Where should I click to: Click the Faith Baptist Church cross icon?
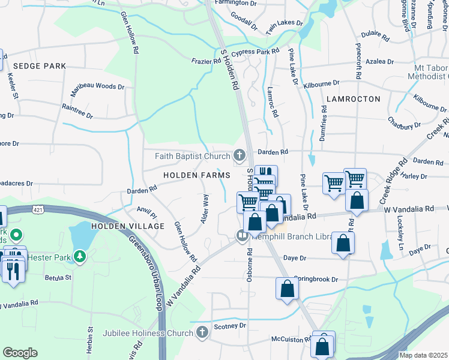coord(240,157)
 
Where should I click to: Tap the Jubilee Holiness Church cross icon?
coord(202,332)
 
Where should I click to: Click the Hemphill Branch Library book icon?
coord(243,235)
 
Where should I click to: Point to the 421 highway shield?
coord(38,210)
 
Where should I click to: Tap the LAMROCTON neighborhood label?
coord(354,98)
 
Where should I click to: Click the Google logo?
coord(20,353)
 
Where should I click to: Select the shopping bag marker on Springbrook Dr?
coord(288,289)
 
